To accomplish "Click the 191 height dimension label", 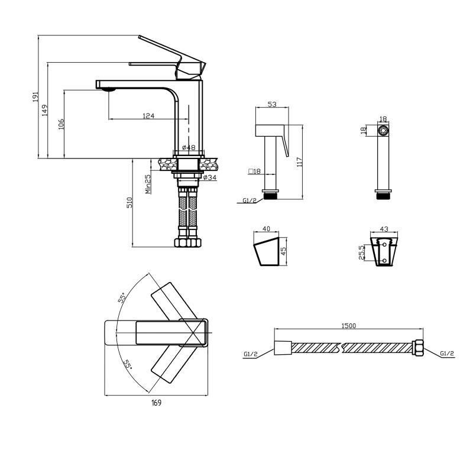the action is pyautogui.click(x=35, y=97).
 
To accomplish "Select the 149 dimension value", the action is pyautogui.click(x=45, y=111).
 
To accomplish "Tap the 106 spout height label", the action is pyautogui.click(x=61, y=124).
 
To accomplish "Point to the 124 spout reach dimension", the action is pyautogui.click(x=148, y=115).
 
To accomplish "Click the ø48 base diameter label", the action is pyautogui.click(x=189, y=147).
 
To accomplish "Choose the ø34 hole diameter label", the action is pyautogui.click(x=210, y=177).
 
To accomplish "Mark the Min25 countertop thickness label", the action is pyautogui.click(x=148, y=184).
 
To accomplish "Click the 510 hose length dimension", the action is pyautogui.click(x=129, y=202).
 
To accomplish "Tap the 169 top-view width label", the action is pyautogui.click(x=156, y=403).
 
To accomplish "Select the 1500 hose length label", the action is pyautogui.click(x=349, y=326).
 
